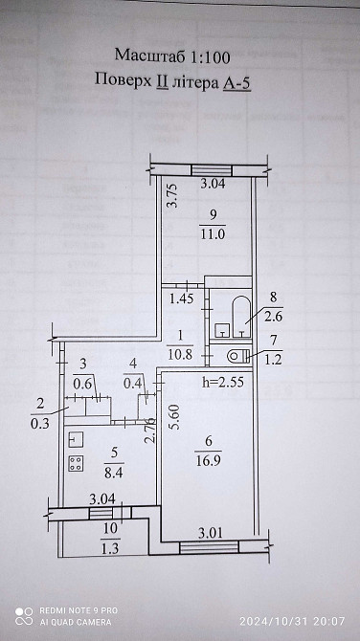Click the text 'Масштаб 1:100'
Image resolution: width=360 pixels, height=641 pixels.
172,56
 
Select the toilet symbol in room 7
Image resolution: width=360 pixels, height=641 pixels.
239,357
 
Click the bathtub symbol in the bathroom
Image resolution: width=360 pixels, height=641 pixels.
241,317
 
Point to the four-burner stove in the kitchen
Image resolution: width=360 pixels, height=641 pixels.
76,464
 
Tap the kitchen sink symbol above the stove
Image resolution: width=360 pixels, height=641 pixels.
76,439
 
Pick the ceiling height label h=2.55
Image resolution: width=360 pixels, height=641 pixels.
223,383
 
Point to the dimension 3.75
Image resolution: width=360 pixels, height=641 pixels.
172,194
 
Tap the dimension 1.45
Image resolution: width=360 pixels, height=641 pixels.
182,300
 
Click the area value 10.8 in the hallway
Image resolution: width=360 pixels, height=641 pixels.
180,354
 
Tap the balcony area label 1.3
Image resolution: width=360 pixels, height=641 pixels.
110,549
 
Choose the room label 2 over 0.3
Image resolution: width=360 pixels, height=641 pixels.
39,413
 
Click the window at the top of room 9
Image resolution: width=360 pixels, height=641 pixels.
212,170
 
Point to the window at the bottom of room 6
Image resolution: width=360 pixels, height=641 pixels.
209,547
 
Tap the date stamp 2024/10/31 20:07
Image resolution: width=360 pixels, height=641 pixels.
293,621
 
